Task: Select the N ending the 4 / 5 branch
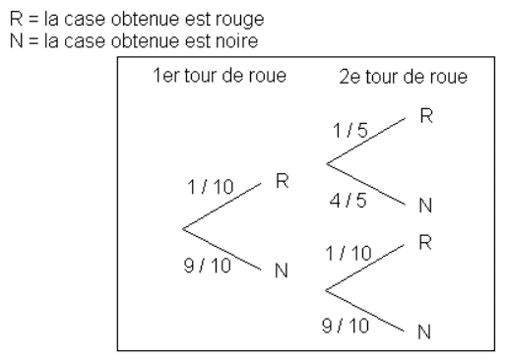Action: tap(424, 207)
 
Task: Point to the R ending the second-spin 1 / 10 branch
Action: tap(424, 241)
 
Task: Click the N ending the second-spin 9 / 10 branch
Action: tap(424, 331)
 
